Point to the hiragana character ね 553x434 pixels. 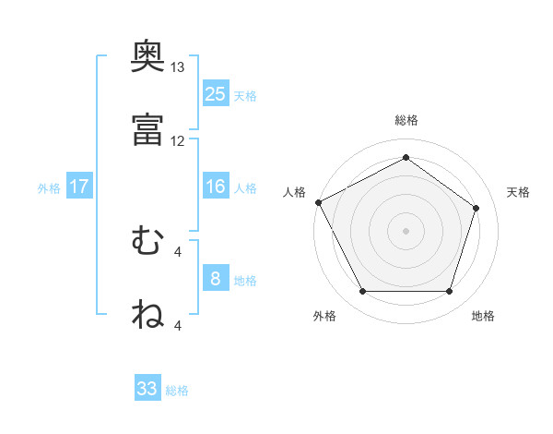coord(148,314)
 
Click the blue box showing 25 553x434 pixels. coord(216,93)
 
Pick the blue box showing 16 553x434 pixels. coord(216,187)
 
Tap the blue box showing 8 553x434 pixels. coord(216,279)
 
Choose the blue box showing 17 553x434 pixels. coord(79,187)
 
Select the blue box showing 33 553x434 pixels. coord(147,389)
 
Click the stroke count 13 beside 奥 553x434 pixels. coord(178,67)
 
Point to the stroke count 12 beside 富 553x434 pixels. coord(178,140)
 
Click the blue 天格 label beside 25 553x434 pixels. coord(245,95)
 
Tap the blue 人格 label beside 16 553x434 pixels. coord(245,188)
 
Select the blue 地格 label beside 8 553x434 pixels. coord(245,281)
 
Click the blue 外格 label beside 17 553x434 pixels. coord(49,188)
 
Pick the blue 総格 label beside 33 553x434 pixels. coord(177,391)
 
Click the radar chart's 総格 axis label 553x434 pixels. coord(406,120)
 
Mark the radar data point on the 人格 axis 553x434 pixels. coord(318,201)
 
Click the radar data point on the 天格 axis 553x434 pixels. coord(477,208)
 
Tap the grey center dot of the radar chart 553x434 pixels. coord(406,230)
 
